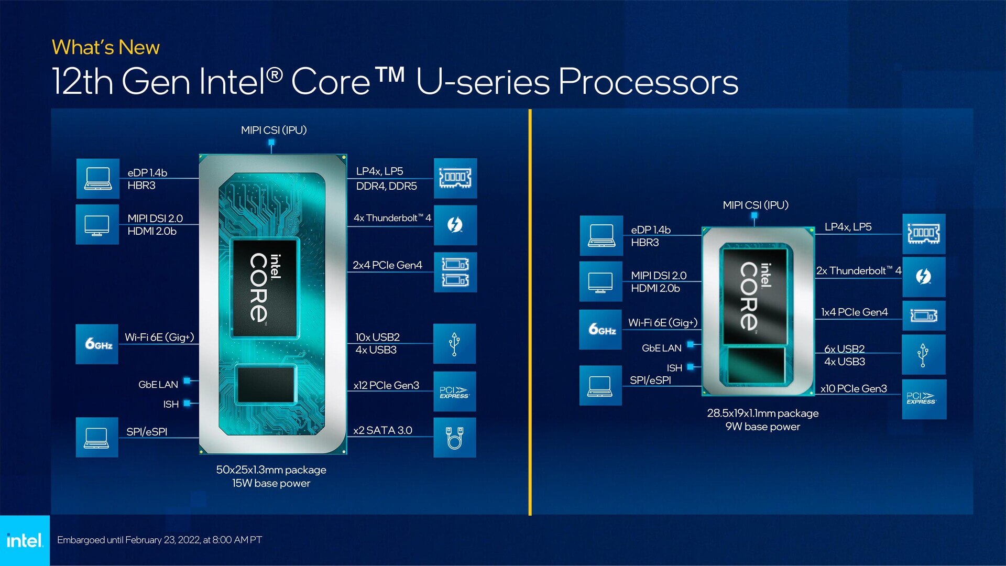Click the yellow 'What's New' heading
click(x=105, y=48)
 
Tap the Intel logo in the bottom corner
click(x=24, y=540)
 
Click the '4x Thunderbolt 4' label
click(x=392, y=218)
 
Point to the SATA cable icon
click(x=454, y=438)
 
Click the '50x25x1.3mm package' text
click(x=271, y=470)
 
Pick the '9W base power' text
click(x=762, y=427)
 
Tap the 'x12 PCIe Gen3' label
click(x=386, y=385)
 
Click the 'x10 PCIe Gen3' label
click(x=854, y=389)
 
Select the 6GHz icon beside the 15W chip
click(x=97, y=344)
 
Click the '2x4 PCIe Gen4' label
click(x=387, y=265)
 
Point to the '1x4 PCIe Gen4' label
click(x=854, y=312)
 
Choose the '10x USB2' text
click(x=377, y=337)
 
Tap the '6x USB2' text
click(x=844, y=349)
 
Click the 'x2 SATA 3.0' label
click(x=382, y=430)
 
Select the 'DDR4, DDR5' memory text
click(x=386, y=186)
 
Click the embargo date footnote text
click(x=159, y=540)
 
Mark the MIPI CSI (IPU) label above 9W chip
click(x=755, y=205)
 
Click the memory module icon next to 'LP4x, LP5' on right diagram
click(x=923, y=233)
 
